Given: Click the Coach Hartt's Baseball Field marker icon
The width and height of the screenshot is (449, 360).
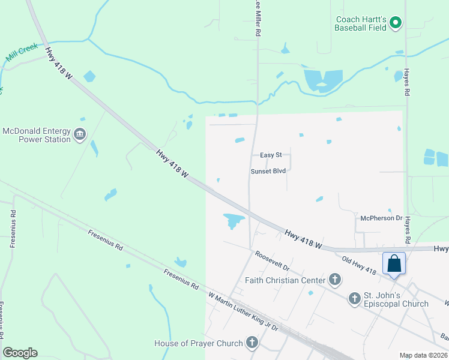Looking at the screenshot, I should click(395, 23).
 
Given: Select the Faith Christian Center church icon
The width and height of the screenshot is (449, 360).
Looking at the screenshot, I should click(335, 280).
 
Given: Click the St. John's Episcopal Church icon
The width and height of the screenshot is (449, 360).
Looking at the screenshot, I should click(355, 298).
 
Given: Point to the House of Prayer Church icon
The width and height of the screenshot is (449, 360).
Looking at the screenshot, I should click(252, 343).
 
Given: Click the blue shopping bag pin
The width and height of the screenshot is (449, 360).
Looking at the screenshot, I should click(394, 263).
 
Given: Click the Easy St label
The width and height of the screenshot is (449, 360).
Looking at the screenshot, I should click(271, 155).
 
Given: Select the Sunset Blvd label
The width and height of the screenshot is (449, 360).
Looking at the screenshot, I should click(268, 170).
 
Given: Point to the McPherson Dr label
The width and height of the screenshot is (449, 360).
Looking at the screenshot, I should click(381, 218).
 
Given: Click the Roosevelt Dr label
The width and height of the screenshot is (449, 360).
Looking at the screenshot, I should click(272, 261).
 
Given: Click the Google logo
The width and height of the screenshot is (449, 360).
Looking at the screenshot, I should click(20, 353).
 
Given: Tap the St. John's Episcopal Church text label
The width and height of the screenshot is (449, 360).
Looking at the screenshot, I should click(396, 299).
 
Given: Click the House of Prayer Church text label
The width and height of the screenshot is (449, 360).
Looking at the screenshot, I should click(199, 343).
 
